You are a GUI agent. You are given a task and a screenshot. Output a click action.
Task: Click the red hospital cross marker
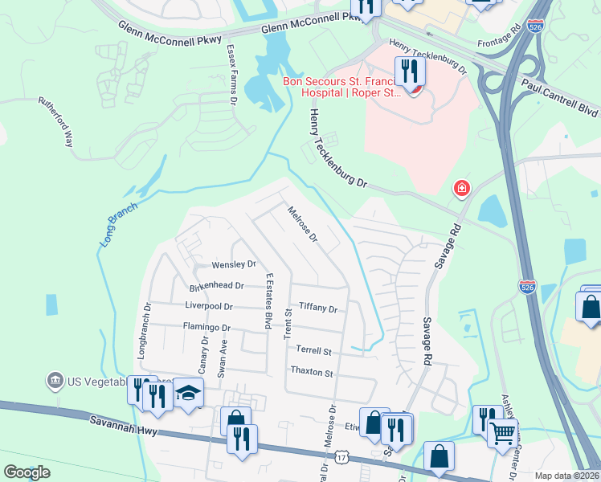click(462, 190)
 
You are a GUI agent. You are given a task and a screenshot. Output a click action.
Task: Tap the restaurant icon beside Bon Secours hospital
click(409, 72)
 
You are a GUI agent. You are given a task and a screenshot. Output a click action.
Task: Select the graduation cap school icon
click(188, 393)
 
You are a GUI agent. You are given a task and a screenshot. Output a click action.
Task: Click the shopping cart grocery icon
click(503, 434)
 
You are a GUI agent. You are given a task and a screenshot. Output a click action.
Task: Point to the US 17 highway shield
click(343, 457)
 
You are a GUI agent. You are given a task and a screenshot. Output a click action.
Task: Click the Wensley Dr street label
click(233, 263)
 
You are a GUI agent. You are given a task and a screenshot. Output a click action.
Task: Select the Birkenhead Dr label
click(215, 285)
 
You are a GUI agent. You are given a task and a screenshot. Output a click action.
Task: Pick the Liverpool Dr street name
click(208, 307)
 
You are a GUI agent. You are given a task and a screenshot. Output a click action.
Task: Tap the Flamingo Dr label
click(206, 328)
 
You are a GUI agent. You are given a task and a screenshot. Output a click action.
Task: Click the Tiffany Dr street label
click(318, 308)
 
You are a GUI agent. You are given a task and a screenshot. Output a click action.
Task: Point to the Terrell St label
click(313, 351)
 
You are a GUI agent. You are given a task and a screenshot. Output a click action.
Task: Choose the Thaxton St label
click(311, 373)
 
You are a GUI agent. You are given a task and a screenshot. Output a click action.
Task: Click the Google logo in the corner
click(27, 472)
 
